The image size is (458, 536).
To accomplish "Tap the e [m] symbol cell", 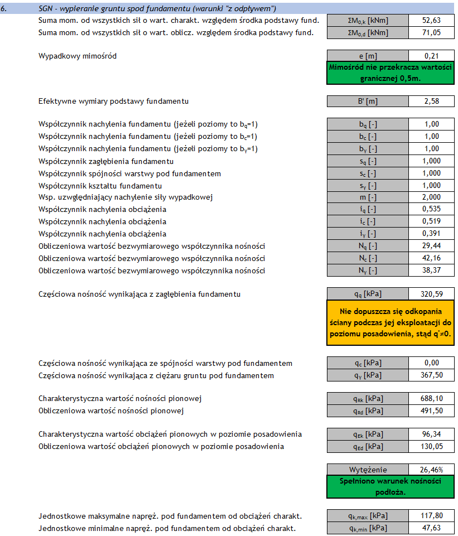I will tap(368, 56).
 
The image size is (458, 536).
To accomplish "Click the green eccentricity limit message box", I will tap(390, 73).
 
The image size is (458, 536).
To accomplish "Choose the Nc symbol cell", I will tap(368, 258).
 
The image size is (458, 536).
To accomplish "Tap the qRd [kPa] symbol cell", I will tap(368, 411).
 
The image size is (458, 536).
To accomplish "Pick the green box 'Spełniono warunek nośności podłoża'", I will tap(390, 486).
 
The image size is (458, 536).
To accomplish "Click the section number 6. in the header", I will tap(7, 8).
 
